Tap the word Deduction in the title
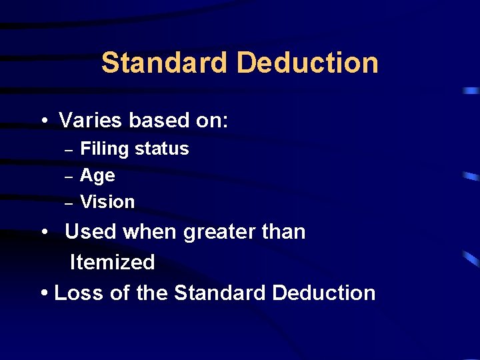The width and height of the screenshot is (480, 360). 307,63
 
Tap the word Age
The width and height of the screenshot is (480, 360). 97,176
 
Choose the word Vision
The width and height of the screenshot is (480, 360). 107,202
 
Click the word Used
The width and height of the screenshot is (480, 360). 89,232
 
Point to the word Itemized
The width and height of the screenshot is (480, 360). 112,262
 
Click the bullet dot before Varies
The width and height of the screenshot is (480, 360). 43,121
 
